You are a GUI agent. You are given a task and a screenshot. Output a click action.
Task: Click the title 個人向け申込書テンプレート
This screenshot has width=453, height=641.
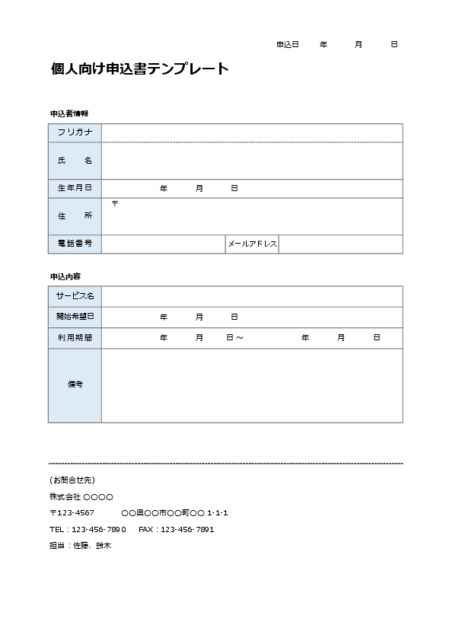click(x=139, y=69)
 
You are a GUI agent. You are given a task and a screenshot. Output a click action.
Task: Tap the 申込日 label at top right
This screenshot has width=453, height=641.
click(x=287, y=45)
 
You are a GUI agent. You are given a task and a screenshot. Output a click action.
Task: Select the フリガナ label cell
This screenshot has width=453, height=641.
click(x=75, y=133)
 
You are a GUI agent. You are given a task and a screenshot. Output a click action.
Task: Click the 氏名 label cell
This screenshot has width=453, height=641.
click(x=75, y=161)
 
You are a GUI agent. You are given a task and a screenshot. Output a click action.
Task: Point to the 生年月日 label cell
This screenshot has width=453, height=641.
click(x=75, y=188)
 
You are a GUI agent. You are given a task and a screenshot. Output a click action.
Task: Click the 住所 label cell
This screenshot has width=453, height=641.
click(x=75, y=216)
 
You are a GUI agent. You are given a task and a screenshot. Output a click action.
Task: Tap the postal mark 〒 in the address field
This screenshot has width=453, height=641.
click(x=115, y=203)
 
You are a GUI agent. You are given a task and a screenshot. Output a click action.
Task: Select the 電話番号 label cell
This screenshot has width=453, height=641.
click(x=75, y=244)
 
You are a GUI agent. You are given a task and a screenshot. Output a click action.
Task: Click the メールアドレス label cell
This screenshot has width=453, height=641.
click(x=252, y=244)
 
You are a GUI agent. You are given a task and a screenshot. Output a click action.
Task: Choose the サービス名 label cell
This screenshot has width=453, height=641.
click(x=75, y=295)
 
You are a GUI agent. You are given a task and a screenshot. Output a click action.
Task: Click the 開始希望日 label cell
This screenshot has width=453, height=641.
click(x=75, y=317)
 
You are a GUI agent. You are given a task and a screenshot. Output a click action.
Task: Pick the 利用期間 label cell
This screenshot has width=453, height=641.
click(x=75, y=337)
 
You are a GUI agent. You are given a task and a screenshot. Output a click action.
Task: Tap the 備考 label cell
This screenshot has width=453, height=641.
click(x=75, y=384)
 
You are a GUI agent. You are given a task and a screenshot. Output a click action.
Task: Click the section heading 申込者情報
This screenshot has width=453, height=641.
click(x=69, y=113)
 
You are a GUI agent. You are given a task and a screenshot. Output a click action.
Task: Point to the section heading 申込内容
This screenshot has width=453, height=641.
click(x=65, y=276)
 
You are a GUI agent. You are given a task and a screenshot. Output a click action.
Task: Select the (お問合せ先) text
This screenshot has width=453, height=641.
click(x=72, y=480)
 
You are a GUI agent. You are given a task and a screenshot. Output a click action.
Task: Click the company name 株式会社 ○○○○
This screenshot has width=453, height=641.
click(x=81, y=496)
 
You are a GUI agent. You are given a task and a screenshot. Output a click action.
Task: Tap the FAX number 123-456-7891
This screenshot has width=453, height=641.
click(x=189, y=529)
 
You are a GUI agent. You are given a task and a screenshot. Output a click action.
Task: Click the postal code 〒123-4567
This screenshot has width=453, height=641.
click(x=72, y=512)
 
